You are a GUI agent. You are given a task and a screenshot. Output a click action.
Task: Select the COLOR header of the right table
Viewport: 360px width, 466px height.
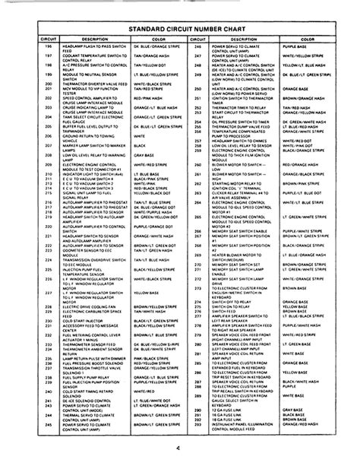[308, 38]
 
